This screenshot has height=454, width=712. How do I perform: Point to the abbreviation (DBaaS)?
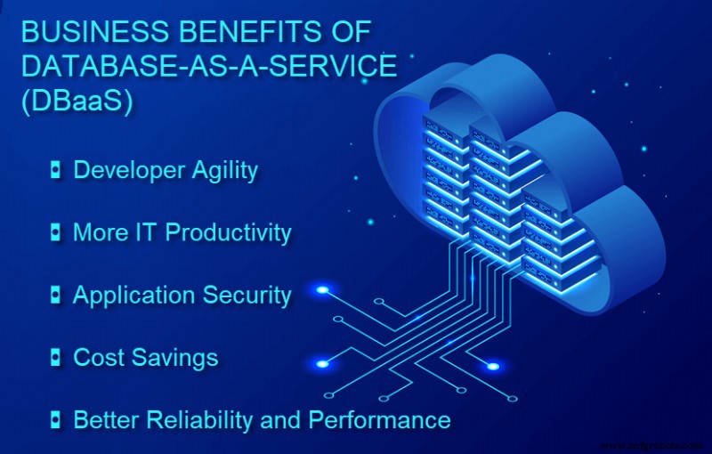pyautogui.click(x=77, y=101)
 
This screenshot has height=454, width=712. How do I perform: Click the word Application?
pyautogui.click(x=130, y=296)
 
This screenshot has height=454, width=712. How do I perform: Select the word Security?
pyautogui.click(x=249, y=296)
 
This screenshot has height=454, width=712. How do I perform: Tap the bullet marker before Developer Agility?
pyautogui.click(x=56, y=171)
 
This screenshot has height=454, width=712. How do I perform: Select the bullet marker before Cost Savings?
pyautogui.click(x=56, y=358)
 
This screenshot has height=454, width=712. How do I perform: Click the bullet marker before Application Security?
pyautogui.click(x=56, y=296)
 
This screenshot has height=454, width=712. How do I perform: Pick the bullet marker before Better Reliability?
pyautogui.click(x=56, y=419)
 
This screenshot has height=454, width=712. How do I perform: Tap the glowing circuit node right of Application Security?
pyautogui.click(x=322, y=290)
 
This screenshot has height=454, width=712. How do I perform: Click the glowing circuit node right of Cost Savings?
pyautogui.click(x=321, y=363)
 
